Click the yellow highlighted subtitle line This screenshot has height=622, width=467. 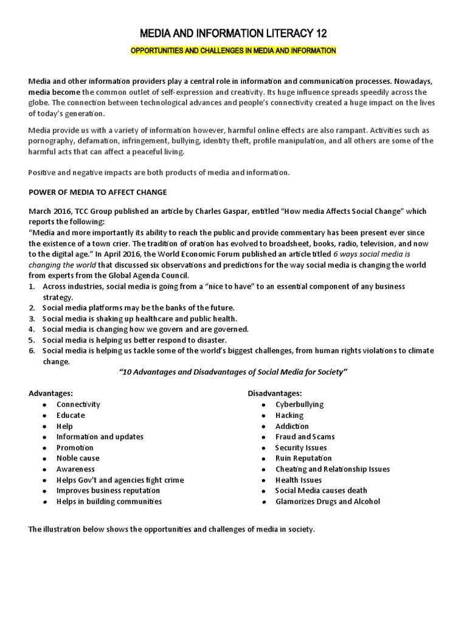click(233, 50)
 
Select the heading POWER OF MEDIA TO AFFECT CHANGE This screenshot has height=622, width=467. click(98, 192)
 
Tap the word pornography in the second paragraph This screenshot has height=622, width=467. click(51, 141)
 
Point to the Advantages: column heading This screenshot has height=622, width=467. click(51, 394)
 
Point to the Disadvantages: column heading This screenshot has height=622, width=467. click(274, 394)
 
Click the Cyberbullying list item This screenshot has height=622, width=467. click(299, 405)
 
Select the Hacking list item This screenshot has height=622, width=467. click(289, 415)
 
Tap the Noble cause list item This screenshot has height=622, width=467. click(78, 458)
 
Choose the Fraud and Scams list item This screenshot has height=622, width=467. click(305, 437)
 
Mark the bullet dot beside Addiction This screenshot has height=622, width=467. click(263, 426)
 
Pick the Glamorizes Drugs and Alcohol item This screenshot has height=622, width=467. click(327, 502)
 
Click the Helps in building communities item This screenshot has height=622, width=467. click(109, 502)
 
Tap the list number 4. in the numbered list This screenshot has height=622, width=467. click(32, 329)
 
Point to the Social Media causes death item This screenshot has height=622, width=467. click(321, 491)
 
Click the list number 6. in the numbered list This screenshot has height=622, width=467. click(32, 351)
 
